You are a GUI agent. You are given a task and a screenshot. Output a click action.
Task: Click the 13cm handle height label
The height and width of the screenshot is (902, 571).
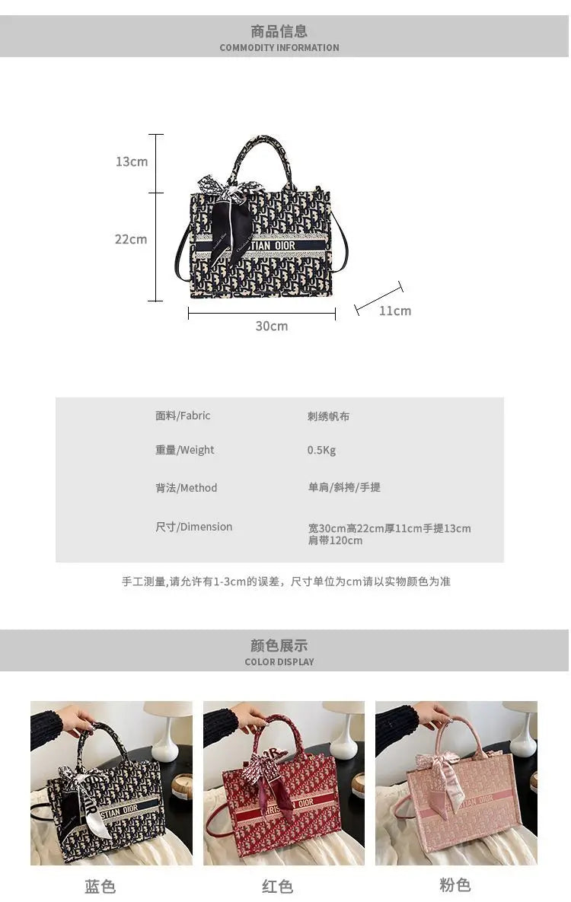[x=131, y=161]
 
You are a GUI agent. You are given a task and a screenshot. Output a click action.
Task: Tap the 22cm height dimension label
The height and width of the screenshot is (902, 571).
[x=131, y=239]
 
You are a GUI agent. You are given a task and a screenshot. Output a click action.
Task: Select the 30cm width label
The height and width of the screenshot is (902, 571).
[x=272, y=327]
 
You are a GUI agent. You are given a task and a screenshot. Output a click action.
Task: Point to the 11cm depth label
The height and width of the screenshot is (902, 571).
[x=395, y=311]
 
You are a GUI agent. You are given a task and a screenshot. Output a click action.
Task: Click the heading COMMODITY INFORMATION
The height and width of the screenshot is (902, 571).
[x=279, y=48]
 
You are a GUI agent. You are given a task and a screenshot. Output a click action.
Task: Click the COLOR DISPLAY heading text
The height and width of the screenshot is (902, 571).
[x=279, y=662]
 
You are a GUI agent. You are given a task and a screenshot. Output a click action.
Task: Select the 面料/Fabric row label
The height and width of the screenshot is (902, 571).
[x=183, y=416]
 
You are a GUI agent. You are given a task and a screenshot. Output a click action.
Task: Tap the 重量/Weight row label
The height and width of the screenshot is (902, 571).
[x=184, y=450]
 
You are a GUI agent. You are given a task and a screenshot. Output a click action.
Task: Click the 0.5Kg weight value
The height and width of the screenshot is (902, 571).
[x=321, y=451]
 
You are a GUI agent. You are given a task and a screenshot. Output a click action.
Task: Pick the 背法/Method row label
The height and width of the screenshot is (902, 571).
[x=186, y=489]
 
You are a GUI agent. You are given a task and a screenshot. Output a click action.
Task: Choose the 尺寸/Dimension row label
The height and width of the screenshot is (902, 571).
[x=193, y=527]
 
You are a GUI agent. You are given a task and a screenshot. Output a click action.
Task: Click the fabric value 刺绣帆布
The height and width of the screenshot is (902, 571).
[x=328, y=416]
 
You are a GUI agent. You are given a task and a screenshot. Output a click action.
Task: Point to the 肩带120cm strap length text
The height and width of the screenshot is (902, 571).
[x=335, y=540]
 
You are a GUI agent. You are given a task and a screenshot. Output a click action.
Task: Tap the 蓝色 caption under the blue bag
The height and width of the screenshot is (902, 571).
[x=100, y=887]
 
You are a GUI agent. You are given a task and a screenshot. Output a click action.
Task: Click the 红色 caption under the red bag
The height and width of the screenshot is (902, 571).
[x=277, y=887]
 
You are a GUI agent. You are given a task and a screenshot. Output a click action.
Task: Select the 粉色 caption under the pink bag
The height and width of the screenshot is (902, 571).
[x=455, y=884]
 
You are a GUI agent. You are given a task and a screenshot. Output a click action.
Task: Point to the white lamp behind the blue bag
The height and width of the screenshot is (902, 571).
[x=167, y=731]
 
